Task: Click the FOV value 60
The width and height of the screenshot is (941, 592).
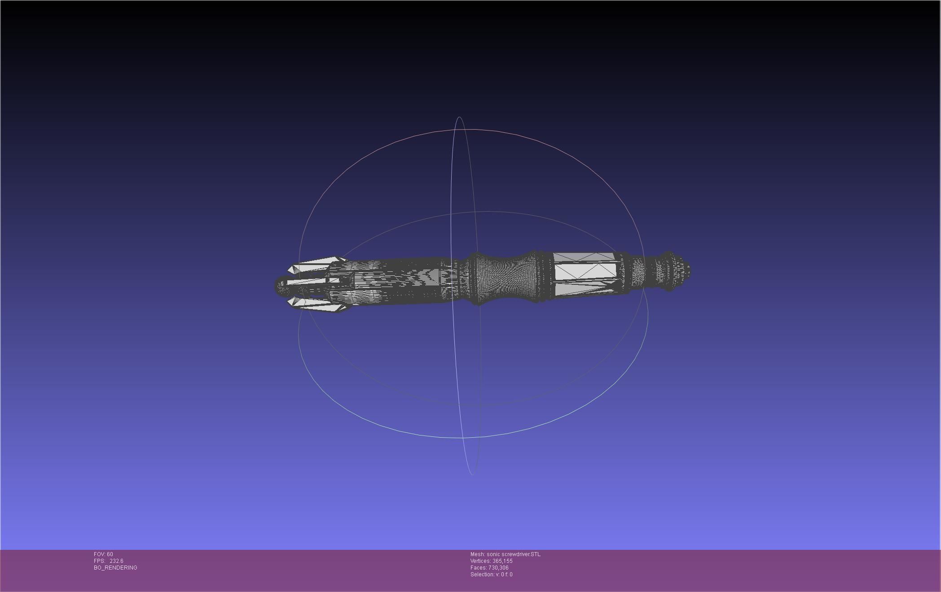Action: pos(110,554)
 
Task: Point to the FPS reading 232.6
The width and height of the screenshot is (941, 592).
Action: pos(116,561)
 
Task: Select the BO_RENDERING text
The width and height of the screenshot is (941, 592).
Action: pos(115,568)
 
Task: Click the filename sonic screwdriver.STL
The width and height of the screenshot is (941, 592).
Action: pos(514,554)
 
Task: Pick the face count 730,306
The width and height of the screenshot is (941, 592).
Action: pos(498,568)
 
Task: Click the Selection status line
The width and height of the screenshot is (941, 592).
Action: pos(491,575)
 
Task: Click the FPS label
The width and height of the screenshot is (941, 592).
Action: pos(99,561)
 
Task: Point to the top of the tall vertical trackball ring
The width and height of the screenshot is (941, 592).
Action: pos(459,118)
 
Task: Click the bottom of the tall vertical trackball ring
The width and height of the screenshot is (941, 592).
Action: pos(472,474)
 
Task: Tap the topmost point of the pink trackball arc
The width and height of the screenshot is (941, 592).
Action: pos(471,129)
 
